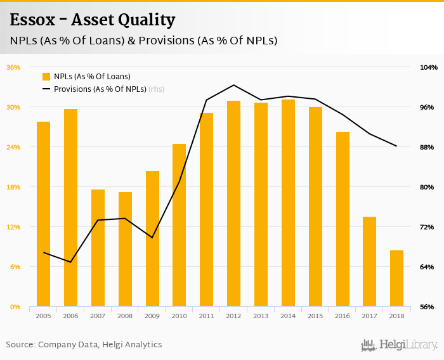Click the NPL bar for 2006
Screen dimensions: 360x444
click(70, 208)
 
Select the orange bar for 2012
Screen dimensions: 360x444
click(233, 203)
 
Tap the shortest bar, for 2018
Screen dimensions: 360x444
click(396, 278)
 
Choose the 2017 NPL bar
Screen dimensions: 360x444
click(369, 262)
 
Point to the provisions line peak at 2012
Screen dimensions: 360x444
click(233, 85)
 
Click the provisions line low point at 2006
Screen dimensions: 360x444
click(70, 262)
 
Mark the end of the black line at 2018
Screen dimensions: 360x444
click(396, 146)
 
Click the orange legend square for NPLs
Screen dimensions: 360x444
click(46, 77)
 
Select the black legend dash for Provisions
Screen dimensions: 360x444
click(46, 89)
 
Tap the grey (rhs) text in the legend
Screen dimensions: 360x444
click(156, 89)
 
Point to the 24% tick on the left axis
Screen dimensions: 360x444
click(13, 147)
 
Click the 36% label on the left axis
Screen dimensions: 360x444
click(13, 67)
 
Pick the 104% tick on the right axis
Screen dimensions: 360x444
click(428, 67)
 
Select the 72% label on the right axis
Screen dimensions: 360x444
click(428, 227)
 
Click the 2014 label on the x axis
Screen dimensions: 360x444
click(288, 316)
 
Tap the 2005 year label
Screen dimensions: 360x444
click(43, 316)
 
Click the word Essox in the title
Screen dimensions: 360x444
click(32, 20)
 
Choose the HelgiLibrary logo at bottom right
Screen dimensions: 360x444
click(399, 345)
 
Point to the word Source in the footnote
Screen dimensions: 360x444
click(20, 345)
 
